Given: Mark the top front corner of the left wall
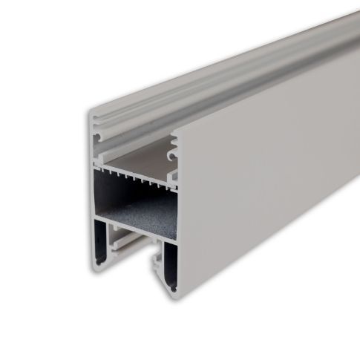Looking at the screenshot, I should click(91, 114).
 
